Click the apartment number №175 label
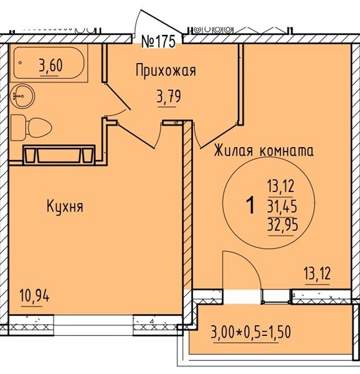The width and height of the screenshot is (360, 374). coord(160,42)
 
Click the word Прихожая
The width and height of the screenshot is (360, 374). coord(166,71)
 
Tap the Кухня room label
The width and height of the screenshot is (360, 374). coord(65,206)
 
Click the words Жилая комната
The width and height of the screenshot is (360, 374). coord(263,151)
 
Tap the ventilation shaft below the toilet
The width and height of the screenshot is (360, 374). coord(59,154)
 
